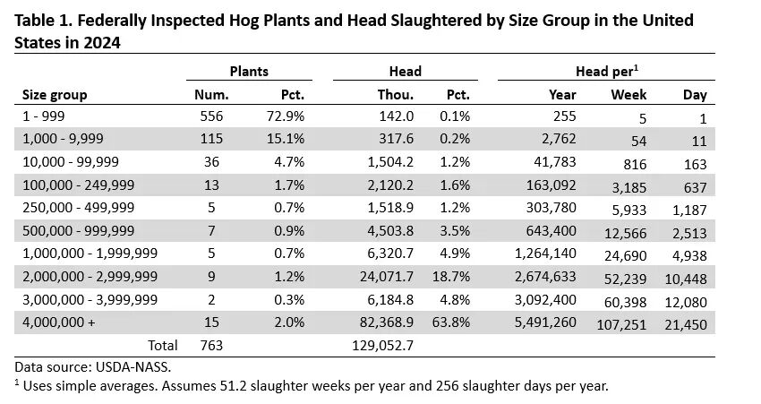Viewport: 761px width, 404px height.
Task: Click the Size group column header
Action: point(55,94)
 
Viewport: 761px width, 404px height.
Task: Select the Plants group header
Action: point(250,71)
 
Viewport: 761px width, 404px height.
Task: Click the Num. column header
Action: point(212,94)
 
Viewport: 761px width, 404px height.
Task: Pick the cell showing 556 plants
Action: point(210,116)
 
